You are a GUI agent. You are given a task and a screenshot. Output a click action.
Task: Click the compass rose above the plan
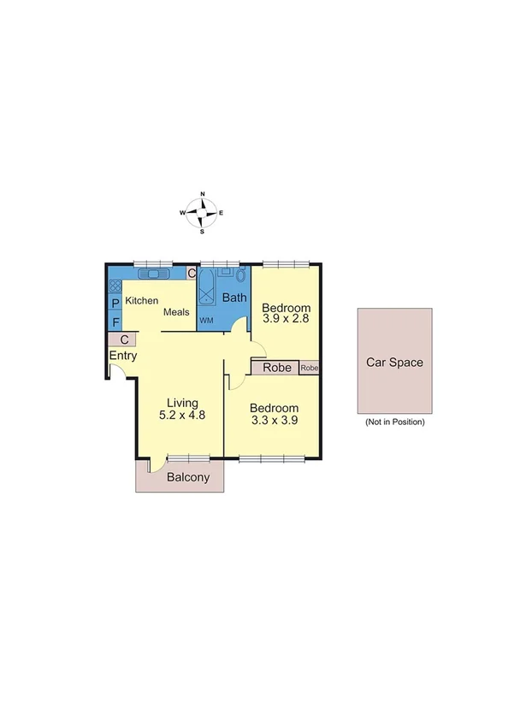202,212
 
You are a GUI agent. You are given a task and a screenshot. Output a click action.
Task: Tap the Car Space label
394,362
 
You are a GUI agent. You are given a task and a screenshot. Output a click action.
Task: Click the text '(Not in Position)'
394,422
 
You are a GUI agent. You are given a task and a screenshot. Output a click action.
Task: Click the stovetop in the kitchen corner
115,286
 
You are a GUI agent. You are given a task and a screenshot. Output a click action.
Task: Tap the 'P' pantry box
115,304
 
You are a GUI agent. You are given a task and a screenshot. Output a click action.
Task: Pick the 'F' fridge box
115,322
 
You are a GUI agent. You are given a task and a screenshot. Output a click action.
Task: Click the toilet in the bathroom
240,276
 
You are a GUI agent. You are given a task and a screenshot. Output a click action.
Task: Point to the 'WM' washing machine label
206,321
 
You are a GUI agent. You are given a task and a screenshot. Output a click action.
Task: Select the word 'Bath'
234,298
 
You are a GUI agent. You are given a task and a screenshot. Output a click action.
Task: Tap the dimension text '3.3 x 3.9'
275,421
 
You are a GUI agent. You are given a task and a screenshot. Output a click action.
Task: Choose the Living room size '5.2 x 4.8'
182,416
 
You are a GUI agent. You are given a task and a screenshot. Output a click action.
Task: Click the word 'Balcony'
188,478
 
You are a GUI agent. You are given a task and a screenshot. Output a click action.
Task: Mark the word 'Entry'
123,357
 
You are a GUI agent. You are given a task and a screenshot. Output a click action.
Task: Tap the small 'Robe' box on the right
310,369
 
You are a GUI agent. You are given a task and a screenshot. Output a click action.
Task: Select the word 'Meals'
176,312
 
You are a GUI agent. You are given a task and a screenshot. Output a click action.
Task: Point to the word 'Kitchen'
142,301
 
